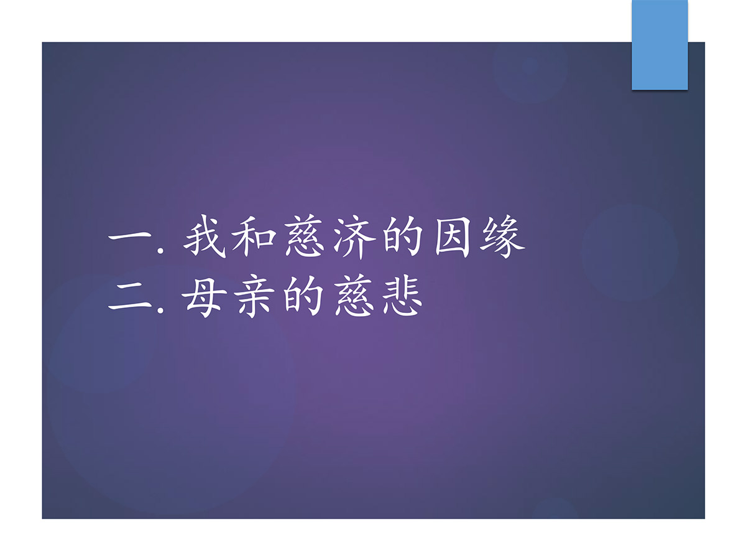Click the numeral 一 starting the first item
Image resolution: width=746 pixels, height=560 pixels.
(130, 236)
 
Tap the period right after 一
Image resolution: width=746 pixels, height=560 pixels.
(160, 251)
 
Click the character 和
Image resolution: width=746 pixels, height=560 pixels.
(254, 236)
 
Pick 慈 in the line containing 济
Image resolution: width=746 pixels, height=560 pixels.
(304, 236)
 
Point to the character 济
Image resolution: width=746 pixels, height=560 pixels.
(354, 237)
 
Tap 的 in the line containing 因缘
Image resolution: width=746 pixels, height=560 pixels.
(403, 236)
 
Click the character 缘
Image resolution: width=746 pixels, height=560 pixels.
(503, 236)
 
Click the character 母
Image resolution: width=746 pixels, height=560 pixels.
(205, 297)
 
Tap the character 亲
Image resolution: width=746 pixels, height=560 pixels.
(256, 297)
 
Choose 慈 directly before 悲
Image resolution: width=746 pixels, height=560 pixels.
(354, 297)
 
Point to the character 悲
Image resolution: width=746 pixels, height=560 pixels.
(403, 297)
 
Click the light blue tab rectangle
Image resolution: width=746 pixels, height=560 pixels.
(660, 45)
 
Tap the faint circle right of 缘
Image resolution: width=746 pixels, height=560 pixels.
(630, 253)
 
